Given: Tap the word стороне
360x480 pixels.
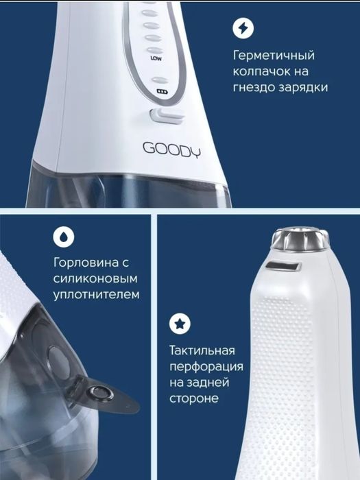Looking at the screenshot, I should (x=195, y=398).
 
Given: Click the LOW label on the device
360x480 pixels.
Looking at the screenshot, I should (x=156, y=58).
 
